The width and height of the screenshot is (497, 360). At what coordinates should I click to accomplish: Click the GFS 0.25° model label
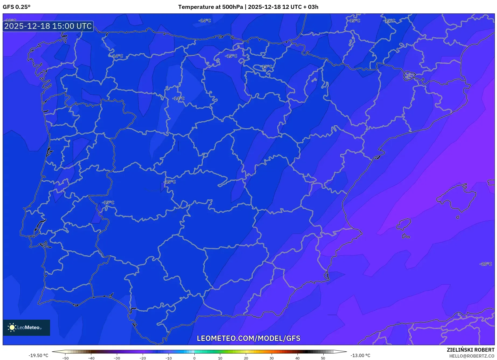(16, 7)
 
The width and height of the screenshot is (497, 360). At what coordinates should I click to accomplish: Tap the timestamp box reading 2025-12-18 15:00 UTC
(48, 26)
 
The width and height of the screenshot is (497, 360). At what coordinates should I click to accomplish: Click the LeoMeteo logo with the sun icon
(26, 327)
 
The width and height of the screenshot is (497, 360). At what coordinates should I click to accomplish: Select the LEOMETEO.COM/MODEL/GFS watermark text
(248, 338)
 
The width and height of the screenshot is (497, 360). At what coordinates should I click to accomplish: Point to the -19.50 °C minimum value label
(38, 355)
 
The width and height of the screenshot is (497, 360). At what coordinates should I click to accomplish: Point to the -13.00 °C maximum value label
(360, 355)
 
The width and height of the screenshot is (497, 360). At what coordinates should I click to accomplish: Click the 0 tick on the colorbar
(194, 358)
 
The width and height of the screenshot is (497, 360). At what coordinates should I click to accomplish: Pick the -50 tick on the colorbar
(65, 358)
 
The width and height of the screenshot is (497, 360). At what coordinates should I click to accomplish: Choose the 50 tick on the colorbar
(323, 358)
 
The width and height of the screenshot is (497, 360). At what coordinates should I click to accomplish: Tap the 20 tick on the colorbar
(246, 358)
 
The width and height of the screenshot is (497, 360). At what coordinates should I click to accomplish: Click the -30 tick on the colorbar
(117, 358)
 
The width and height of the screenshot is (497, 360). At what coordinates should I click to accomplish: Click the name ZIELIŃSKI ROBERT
(471, 350)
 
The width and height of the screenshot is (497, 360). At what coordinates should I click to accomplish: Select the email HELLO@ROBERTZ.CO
(472, 356)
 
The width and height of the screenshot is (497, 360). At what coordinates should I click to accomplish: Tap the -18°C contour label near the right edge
(485, 264)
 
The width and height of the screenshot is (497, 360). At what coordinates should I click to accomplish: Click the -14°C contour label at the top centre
(205, 21)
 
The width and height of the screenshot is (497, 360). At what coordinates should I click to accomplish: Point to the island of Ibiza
(404, 224)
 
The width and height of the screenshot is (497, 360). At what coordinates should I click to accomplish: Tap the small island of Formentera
(406, 237)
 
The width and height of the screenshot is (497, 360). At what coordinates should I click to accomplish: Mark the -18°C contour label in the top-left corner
(11, 20)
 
